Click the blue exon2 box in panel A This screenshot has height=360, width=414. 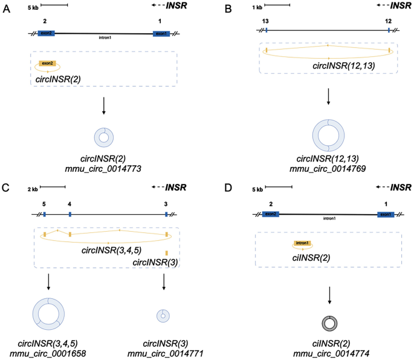coord(47,33)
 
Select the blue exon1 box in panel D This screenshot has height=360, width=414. coord(386,214)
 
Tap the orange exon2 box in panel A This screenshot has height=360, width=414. coord(47,63)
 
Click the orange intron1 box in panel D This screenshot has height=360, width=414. coord(302,244)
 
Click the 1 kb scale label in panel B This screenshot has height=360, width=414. coord(257,7)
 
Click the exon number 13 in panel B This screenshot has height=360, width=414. coord(265,21)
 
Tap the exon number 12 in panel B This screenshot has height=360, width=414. coord(389,21)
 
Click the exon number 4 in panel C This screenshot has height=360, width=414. coord(70,204)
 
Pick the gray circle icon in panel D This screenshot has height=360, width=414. coord(329,324)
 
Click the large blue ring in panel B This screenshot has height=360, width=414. coord(328,136)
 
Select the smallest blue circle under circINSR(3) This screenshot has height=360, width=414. coord(163,315)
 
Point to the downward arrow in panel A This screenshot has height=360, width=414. coord(103,105)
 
